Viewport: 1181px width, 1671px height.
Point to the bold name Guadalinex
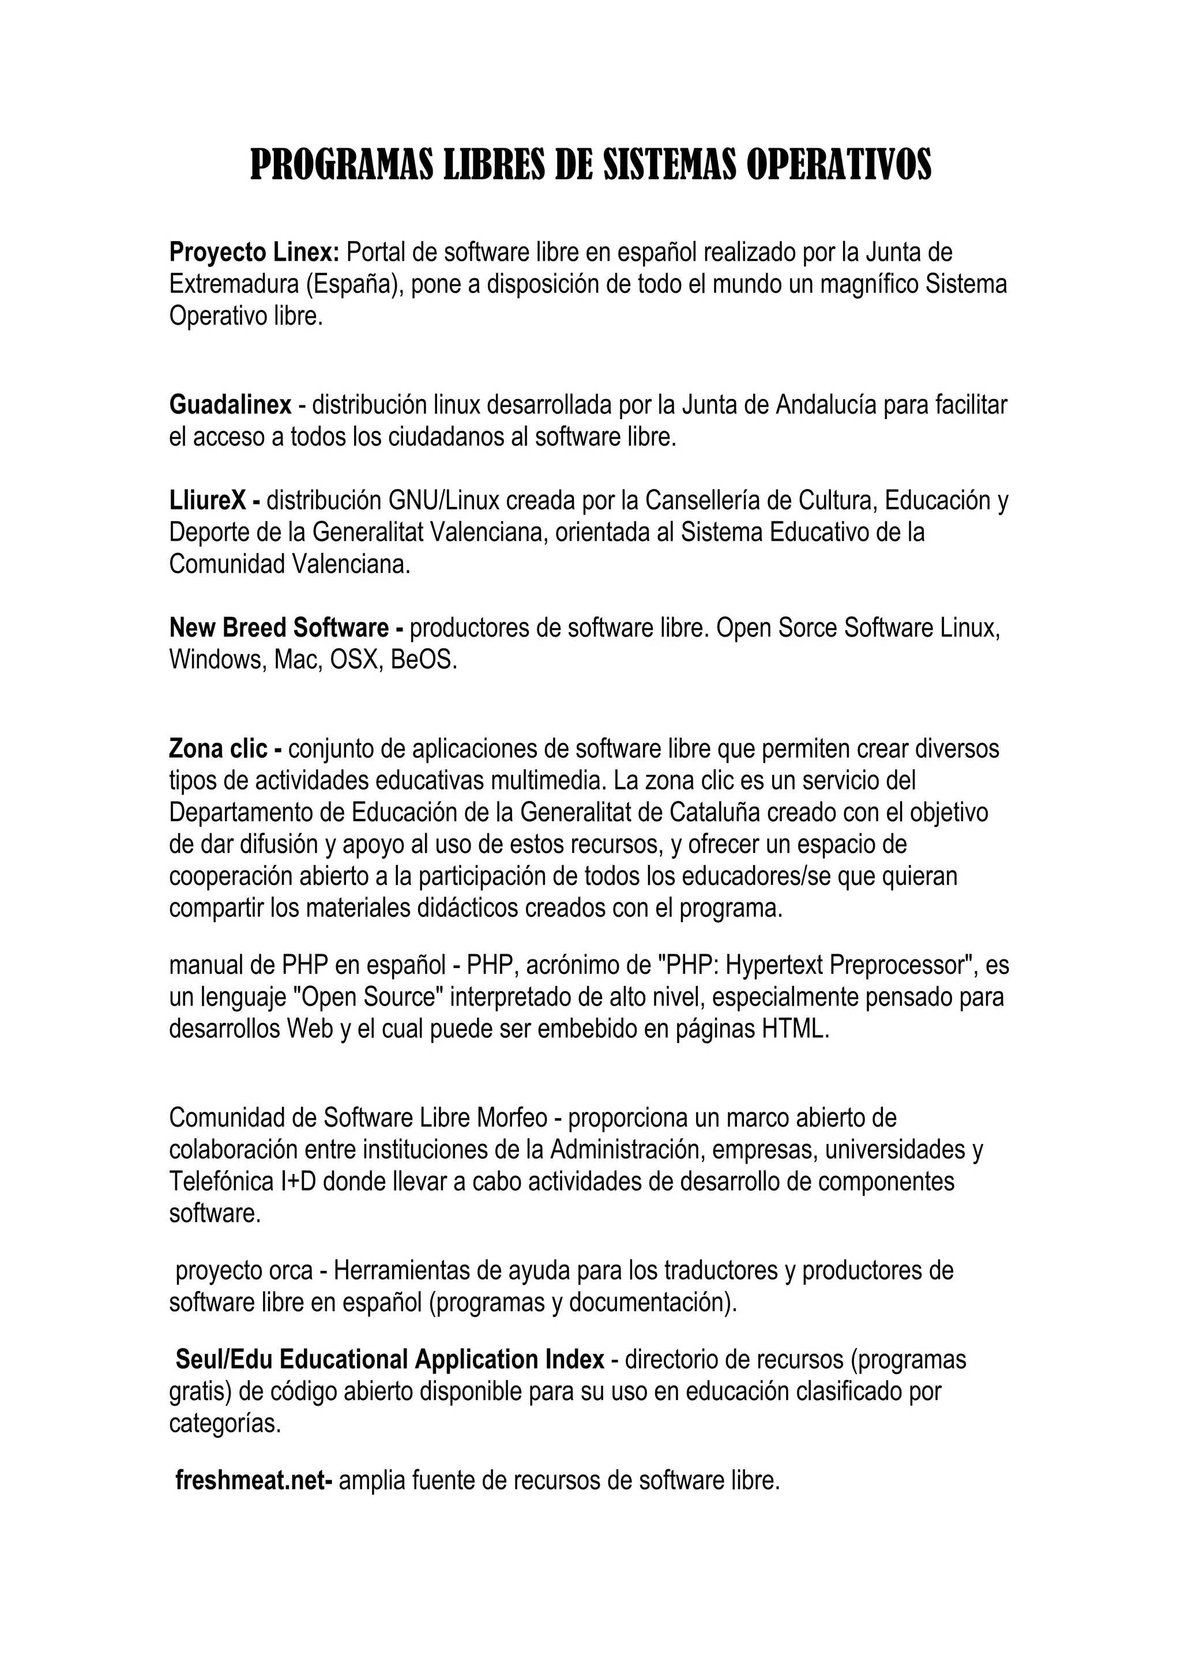(230, 405)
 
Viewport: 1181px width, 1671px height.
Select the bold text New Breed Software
(279, 627)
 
